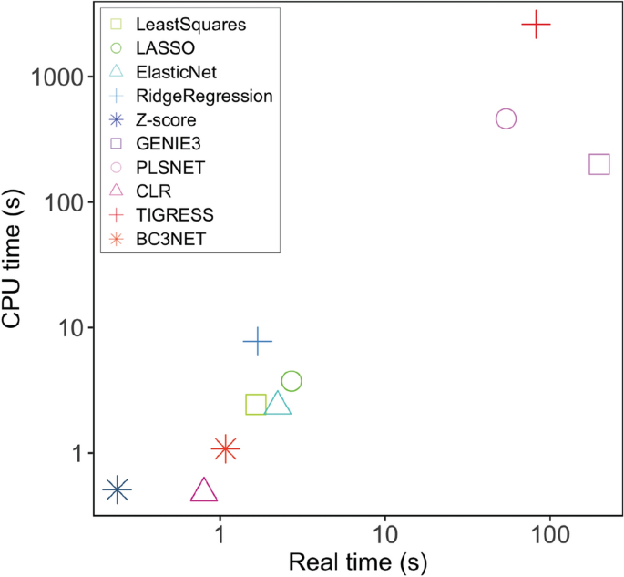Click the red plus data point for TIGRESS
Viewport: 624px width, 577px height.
(537, 25)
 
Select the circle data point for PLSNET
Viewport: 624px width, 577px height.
(506, 119)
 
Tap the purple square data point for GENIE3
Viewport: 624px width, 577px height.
(599, 164)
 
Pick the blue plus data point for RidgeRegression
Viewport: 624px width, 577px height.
(258, 342)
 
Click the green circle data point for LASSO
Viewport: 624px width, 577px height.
(292, 381)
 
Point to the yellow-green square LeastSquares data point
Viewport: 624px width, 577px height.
(256, 405)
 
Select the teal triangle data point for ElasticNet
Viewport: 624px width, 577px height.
(278, 404)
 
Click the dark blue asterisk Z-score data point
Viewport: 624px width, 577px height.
(117, 489)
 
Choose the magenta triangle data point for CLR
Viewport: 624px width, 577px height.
(204, 491)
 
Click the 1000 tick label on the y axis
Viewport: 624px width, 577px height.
(58, 77)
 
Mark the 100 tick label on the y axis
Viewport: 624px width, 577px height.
(66, 202)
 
